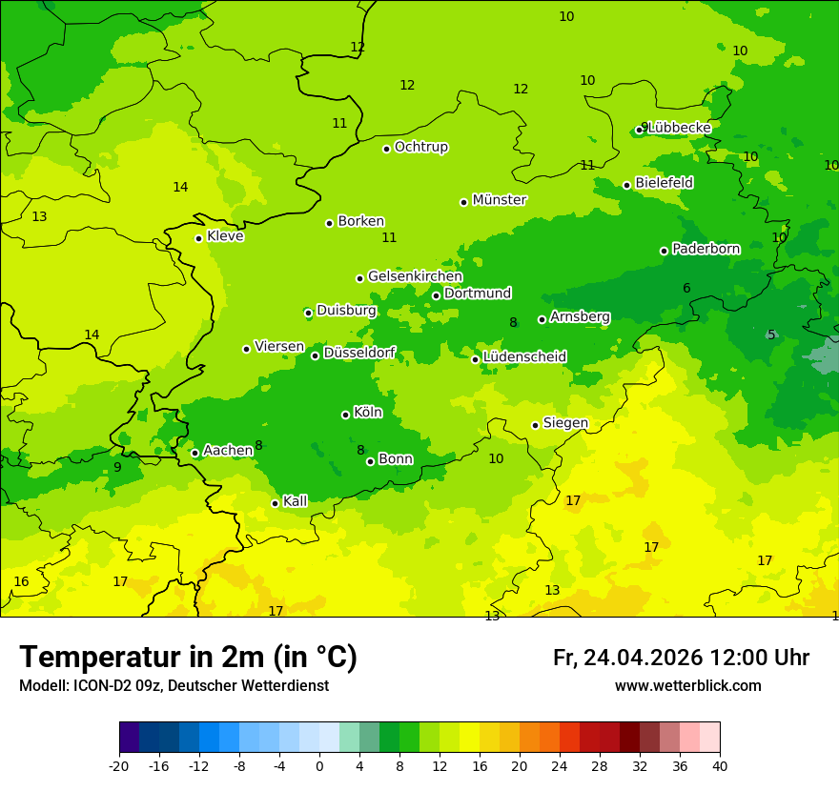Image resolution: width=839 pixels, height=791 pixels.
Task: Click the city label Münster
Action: tap(499, 200)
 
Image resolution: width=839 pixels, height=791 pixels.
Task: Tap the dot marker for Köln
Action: tap(345, 415)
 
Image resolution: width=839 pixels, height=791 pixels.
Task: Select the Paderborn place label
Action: tap(706, 249)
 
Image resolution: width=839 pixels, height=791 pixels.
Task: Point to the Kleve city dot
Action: tap(198, 238)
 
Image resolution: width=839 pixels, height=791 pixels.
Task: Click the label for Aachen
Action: tap(228, 450)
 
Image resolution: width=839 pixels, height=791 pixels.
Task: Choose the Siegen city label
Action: tap(565, 423)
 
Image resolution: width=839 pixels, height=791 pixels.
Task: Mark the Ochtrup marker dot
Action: tap(386, 149)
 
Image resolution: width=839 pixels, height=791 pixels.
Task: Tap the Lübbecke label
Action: tap(679, 128)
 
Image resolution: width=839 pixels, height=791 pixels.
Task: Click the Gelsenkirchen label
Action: tap(415, 276)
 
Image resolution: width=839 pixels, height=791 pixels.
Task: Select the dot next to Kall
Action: tap(275, 503)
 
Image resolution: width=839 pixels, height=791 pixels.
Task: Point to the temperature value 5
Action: tap(771, 335)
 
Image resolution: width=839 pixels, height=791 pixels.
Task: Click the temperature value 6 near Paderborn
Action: tap(686, 289)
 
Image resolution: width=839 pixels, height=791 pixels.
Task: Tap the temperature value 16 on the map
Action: tap(21, 581)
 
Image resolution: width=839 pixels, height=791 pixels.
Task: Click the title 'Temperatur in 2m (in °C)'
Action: tap(188, 658)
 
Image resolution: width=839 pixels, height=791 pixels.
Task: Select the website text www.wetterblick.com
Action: tap(687, 686)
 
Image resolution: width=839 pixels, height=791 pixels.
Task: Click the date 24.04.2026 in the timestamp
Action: tap(643, 658)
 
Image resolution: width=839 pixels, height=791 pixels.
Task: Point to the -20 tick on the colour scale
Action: tap(119, 765)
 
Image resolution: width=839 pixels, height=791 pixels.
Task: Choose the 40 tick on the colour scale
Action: tap(720, 765)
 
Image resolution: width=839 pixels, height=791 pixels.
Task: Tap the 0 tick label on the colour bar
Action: tap(319, 765)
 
